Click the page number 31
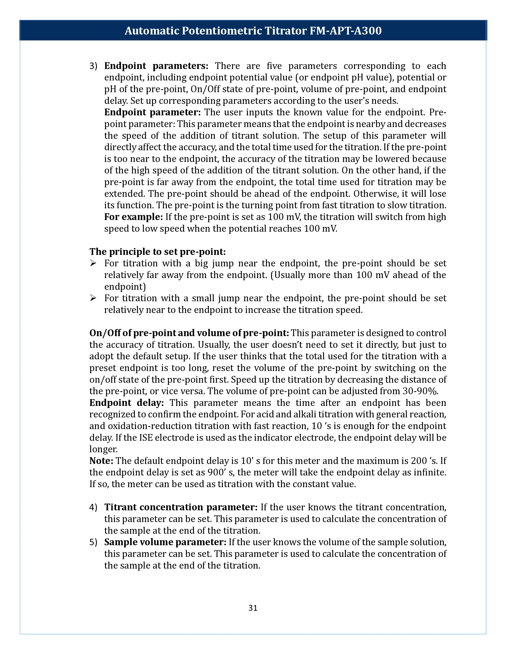(253, 608)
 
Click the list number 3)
(93, 66)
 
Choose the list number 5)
(93, 542)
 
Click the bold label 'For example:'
(133, 217)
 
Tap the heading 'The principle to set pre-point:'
(157, 251)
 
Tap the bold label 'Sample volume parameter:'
(165, 542)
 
